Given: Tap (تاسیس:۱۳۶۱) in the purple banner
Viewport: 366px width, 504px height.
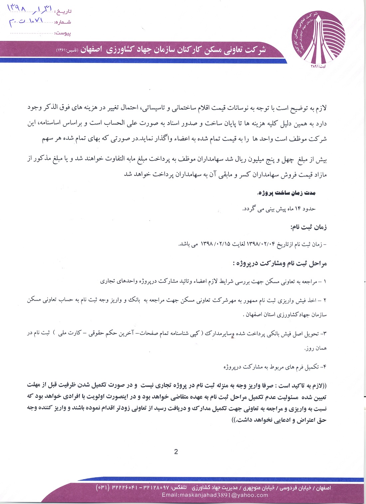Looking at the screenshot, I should point(67,50).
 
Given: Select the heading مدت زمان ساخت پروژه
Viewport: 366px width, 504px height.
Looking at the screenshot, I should point(286,193).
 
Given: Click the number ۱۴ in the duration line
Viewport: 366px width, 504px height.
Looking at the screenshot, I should point(298,209).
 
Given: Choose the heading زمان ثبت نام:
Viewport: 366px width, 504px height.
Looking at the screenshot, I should point(309,228).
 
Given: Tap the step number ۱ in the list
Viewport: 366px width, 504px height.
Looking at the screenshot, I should point(325,281).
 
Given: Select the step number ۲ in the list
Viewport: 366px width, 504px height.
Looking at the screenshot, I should point(325,300).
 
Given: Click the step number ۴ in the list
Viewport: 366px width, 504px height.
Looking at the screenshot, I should point(325,367).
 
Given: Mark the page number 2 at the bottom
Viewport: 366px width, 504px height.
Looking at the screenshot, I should point(176,451).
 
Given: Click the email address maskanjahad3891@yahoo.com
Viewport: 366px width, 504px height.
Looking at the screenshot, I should point(215,495).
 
